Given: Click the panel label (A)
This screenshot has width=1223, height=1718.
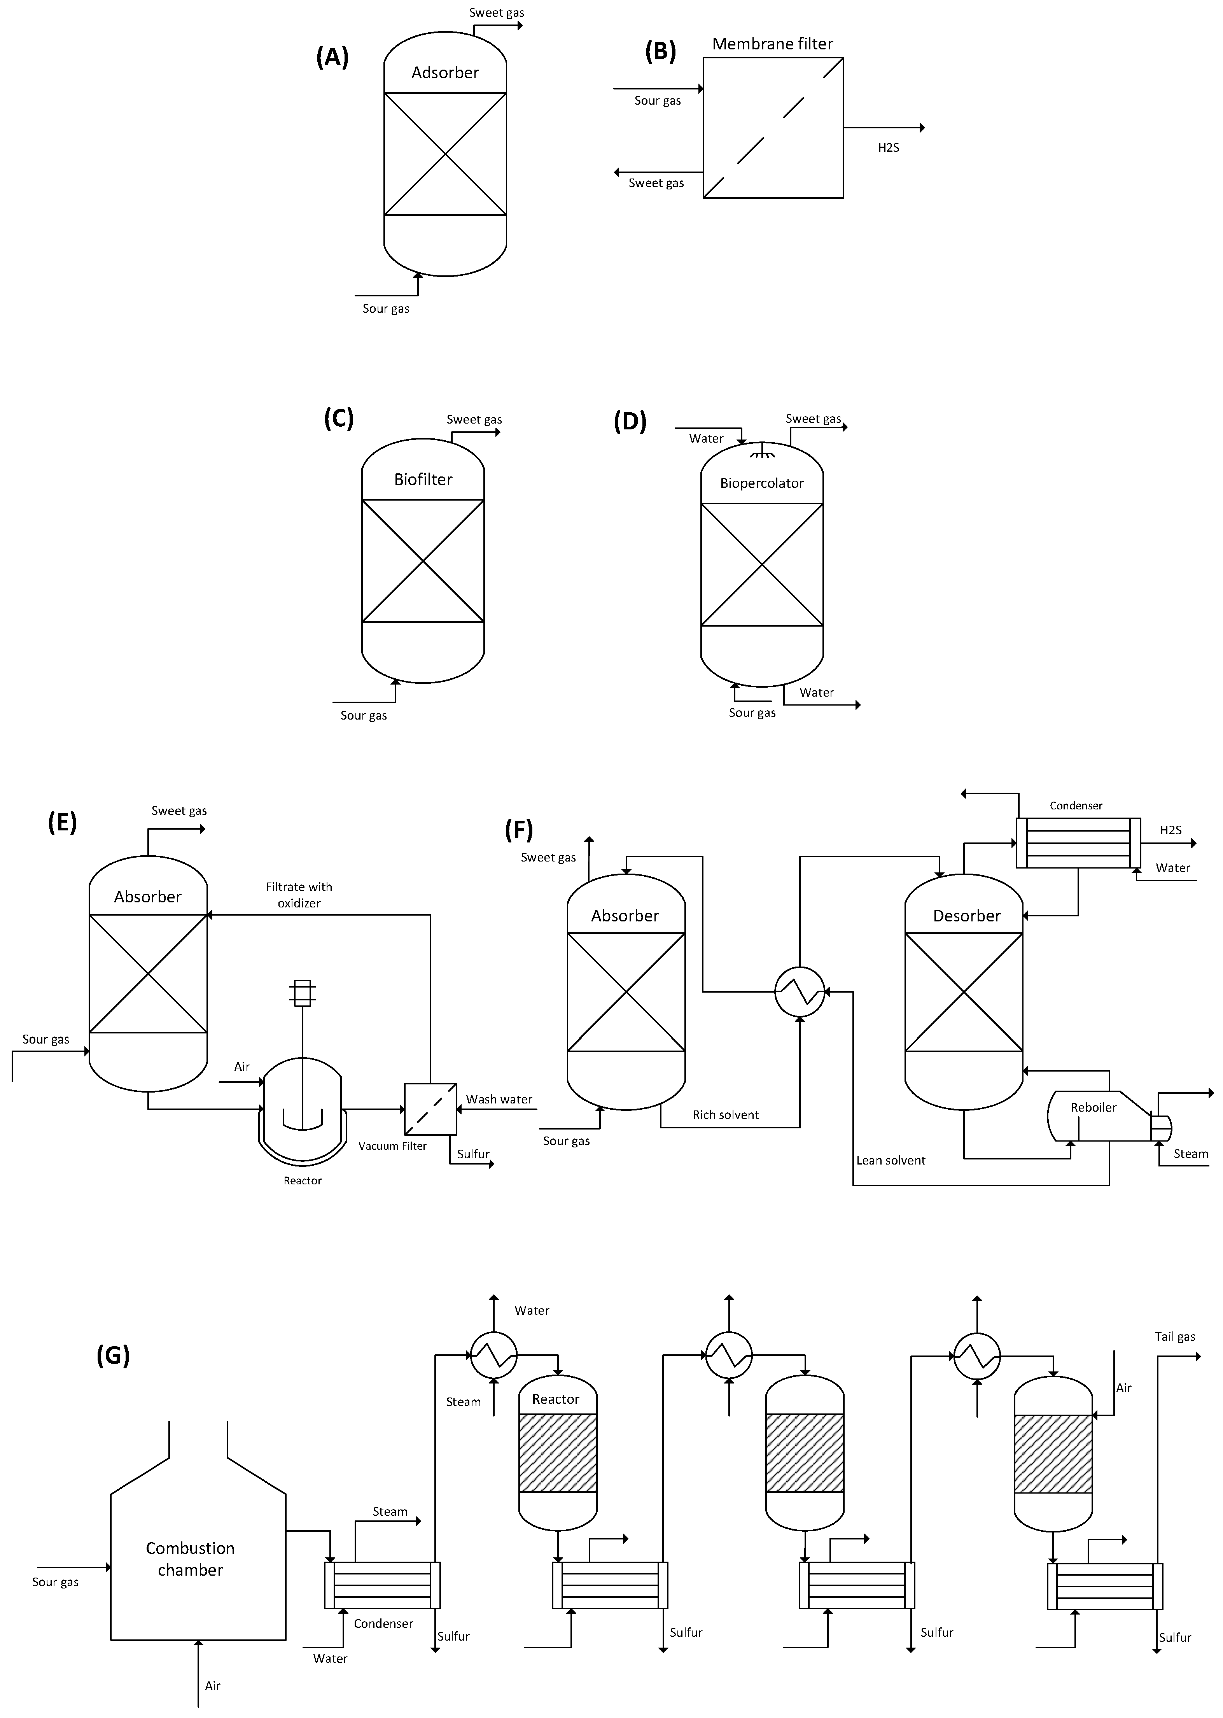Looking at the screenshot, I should (332, 57).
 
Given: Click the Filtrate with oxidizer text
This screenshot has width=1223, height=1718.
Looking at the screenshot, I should (299, 895).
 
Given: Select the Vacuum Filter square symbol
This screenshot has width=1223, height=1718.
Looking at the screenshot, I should (430, 1109).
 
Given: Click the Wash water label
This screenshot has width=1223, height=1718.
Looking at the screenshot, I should (499, 1099).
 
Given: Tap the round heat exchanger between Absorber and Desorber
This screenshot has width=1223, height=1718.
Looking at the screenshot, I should (800, 992).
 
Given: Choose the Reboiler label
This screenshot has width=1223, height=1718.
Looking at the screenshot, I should (1094, 1107).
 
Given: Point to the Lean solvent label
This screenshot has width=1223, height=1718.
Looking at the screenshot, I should (890, 1160).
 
